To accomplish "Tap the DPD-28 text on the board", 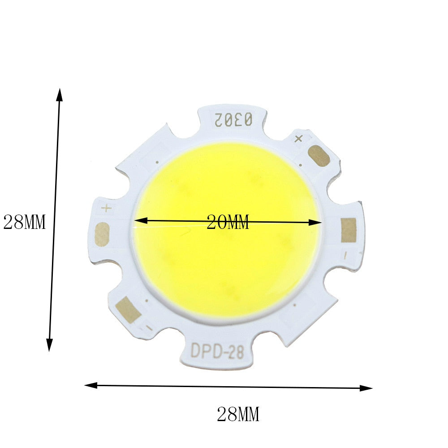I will [217, 351].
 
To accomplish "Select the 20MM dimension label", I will [228, 222].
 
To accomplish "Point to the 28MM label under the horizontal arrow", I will [238, 414].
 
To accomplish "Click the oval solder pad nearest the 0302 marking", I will [319, 156].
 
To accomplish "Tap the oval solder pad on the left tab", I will [102, 234].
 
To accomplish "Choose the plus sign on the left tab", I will [106, 208].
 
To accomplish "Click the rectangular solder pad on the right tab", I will [349, 230].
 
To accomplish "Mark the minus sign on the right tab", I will [345, 256].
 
